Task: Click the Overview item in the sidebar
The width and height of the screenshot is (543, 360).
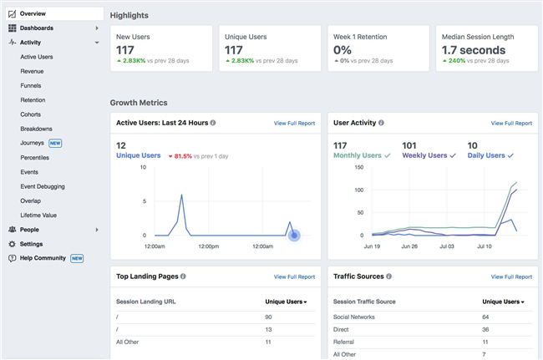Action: tap(33, 13)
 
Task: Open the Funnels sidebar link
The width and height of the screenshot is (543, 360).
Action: tap(31, 85)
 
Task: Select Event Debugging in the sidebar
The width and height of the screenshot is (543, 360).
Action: tap(43, 186)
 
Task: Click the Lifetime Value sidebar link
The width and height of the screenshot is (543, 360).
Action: tap(38, 215)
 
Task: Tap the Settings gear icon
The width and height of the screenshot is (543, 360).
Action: tap(12, 244)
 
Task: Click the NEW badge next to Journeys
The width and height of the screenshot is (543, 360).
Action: tap(56, 143)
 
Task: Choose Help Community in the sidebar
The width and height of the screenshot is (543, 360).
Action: tap(44, 258)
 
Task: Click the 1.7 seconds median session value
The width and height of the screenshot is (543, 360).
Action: tap(474, 50)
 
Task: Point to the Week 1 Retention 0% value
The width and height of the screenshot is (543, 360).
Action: tap(342, 50)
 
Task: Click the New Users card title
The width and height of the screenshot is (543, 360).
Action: tap(134, 37)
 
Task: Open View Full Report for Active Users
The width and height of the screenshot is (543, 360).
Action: tap(294, 123)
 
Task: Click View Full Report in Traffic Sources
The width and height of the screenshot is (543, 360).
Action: tap(511, 276)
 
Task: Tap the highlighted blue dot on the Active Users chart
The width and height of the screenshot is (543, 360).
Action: tap(294, 235)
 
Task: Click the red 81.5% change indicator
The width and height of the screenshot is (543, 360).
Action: tap(181, 155)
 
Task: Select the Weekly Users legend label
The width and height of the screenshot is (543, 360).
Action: tap(428, 155)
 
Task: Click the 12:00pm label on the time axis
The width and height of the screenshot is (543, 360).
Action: tap(209, 246)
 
